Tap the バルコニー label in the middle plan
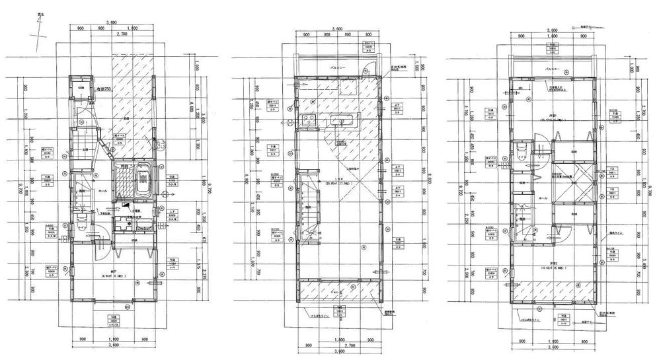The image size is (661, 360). [x=340, y=68]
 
